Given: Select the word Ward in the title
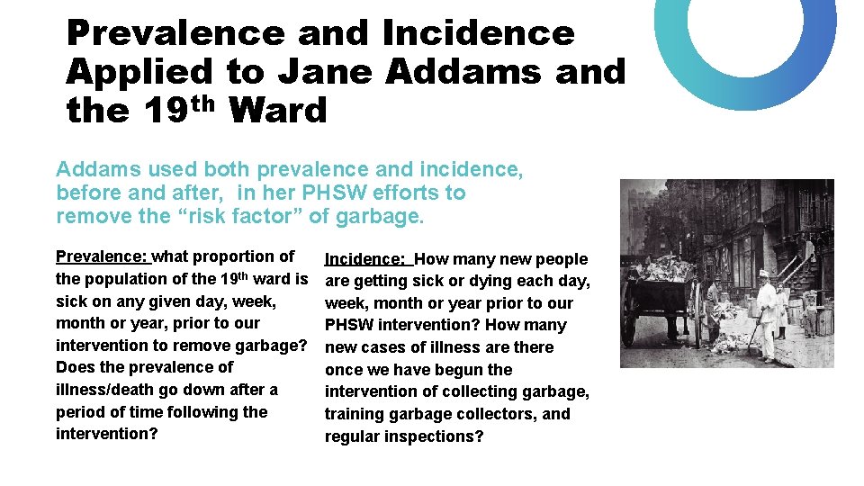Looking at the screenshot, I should [278, 111].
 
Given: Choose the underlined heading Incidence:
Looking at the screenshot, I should [367, 259].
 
